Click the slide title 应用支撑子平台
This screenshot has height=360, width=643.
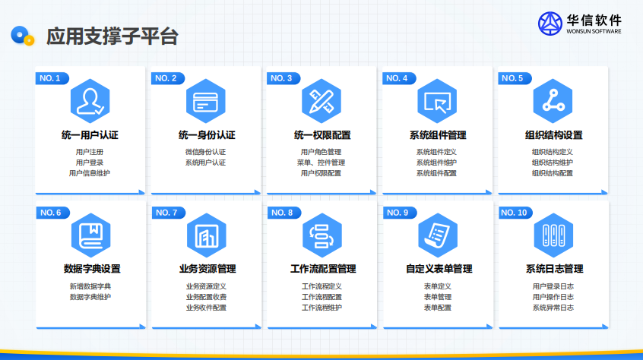click(x=112, y=36)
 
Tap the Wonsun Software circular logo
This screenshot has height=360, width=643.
click(x=550, y=24)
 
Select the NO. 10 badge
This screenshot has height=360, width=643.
click(x=515, y=213)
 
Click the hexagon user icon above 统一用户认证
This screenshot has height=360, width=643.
click(x=90, y=101)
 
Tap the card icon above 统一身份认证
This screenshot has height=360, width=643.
click(x=206, y=101)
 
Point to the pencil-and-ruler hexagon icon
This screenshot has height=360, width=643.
click(x=321, y=101)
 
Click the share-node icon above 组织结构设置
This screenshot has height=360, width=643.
click(x=553, y=101)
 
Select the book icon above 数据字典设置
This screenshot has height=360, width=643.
click(x=91, y=235)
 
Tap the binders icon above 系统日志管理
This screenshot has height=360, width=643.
click(x=553, y=235)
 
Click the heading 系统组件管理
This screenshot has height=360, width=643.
click(x=438, y=135)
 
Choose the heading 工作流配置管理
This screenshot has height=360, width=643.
click(x=323, y=269)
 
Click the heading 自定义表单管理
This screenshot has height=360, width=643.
click(x=439, y=269)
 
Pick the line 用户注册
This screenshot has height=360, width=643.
click(x=90, y=152)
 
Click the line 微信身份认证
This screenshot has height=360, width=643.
click(x=205, y=152)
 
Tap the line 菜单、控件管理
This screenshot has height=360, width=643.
click(x=321, y=163)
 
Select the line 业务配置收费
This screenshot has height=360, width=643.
click(x=206, y=297)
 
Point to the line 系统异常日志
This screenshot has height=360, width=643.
click(x=553, y=308)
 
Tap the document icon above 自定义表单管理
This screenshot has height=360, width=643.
click(x=438, y=235)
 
